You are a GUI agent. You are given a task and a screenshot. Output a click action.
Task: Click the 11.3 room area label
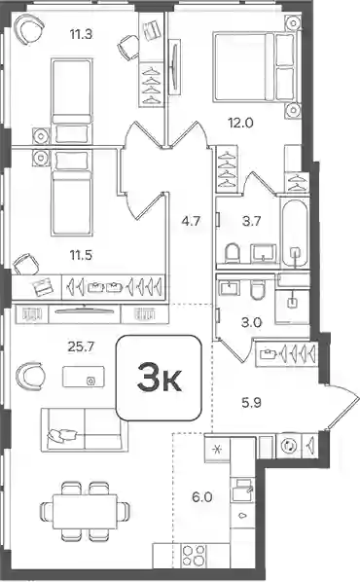point(81,34)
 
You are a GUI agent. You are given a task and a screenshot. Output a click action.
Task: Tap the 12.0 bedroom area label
point(240,122)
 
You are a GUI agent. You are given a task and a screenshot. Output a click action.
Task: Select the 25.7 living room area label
point(81,346)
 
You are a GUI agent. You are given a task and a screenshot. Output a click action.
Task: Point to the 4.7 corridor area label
point(191,221)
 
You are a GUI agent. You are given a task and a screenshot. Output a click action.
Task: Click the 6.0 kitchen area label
point(202,496)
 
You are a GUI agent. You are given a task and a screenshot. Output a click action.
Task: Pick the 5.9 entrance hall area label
point(252,402)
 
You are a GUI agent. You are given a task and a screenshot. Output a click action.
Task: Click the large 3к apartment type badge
point(159,378)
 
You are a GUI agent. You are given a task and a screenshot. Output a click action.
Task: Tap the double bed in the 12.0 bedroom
point(256,67)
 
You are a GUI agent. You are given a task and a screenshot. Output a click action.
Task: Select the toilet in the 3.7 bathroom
point(233,253)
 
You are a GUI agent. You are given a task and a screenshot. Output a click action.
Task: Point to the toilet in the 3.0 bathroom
point(257,289)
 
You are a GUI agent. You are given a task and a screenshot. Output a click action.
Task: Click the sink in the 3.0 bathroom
point(230,287)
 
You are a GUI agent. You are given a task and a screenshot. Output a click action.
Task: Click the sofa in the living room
point(85,429)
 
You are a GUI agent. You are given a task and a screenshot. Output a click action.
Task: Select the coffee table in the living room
point(84,377)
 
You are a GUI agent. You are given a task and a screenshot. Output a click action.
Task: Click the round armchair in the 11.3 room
point(29,30)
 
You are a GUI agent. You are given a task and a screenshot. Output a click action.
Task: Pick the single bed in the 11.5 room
point(70,193)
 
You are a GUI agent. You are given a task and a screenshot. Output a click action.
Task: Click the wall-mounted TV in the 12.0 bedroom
point(174,67)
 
